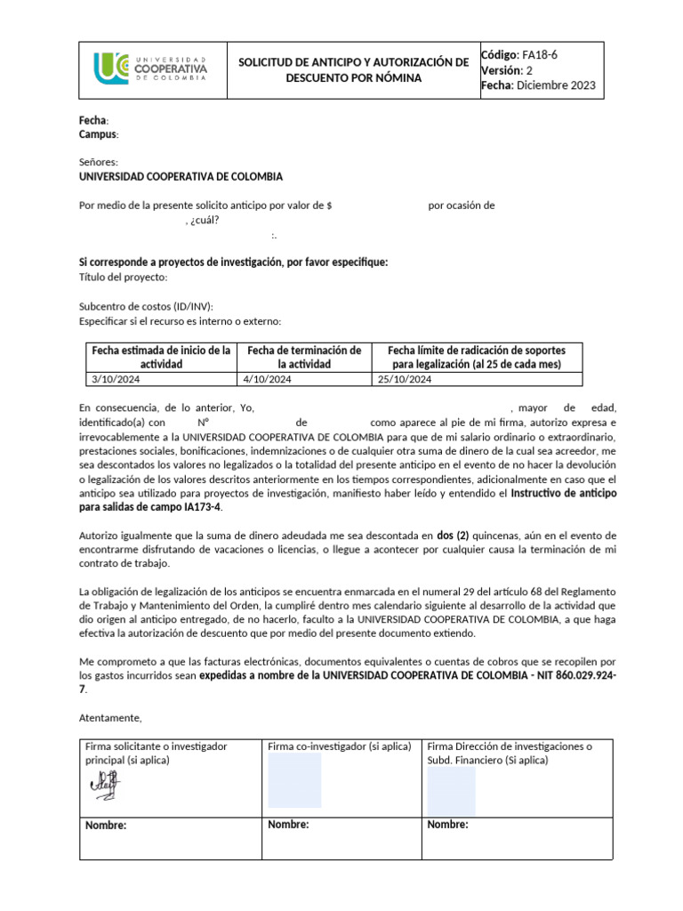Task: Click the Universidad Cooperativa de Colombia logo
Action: pos(151,69)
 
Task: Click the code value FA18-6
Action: pos(541,54)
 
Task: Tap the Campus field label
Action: pos(98,134)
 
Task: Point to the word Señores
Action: pos(98,163)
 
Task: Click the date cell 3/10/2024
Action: pos(117,380)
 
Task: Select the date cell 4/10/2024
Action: pos(267,380)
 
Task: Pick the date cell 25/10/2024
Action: pos(405,380)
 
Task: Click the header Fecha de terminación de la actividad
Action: pos(304,357)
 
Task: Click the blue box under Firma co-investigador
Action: pos(294,780)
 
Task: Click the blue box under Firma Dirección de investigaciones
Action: pos(451,791)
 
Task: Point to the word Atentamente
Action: pos(110,718)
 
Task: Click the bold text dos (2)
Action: pos(453,536)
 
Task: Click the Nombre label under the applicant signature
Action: pos(106,826)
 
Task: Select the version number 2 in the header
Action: pos(529,70)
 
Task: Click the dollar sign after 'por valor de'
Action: pos(330,206)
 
